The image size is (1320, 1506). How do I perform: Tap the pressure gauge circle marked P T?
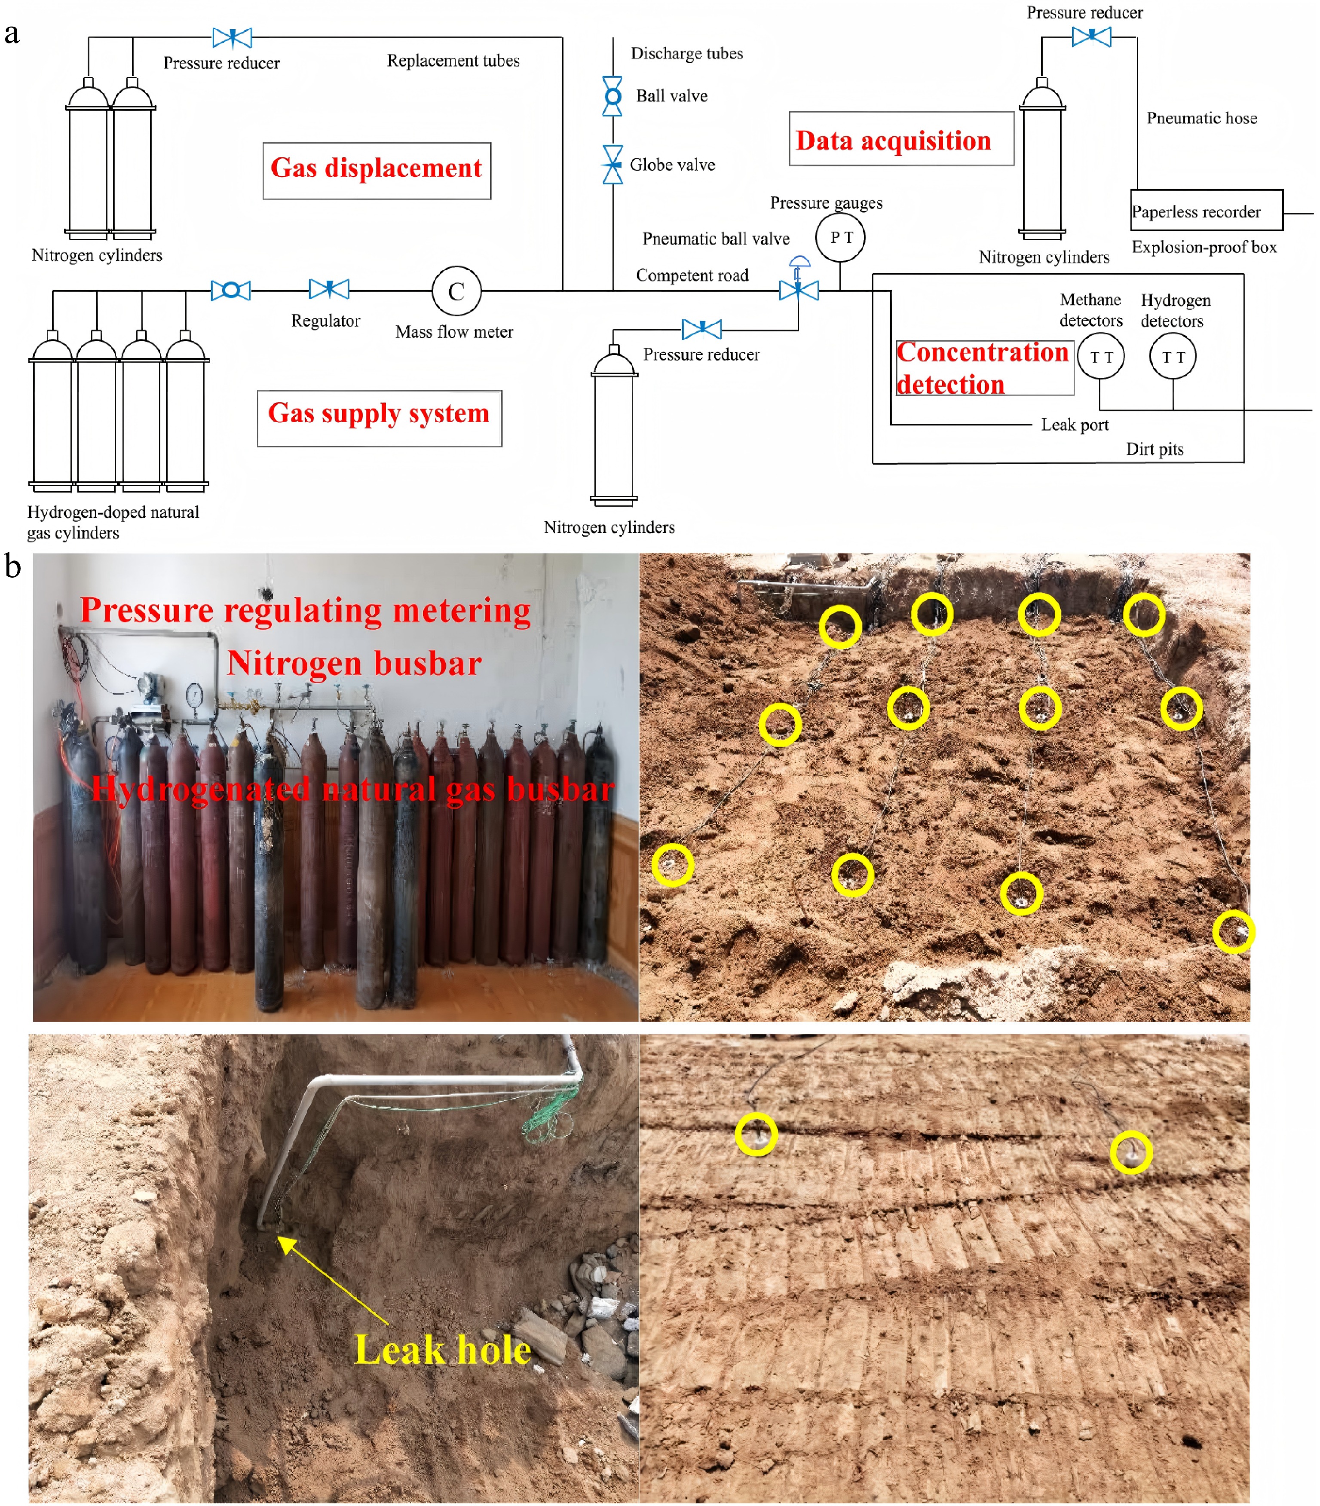click(840, 237)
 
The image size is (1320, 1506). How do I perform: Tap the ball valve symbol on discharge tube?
click(612, 96)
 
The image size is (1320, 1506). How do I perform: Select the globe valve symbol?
click(612, 164)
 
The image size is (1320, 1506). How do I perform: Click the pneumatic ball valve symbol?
click(799, 289)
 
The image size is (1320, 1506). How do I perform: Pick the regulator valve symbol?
click(329, 289)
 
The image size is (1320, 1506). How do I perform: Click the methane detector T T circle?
click(1100, 356)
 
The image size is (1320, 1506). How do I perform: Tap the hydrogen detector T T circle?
click(1172, 356)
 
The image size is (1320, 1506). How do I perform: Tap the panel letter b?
click(12, 566)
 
